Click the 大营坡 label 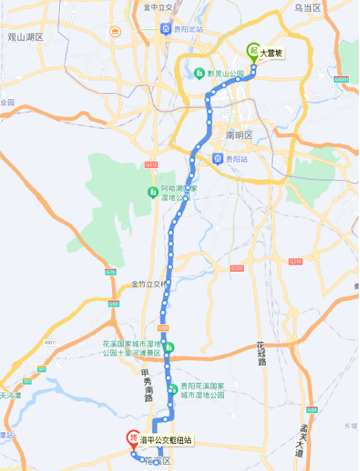coord(272,54)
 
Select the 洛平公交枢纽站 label coord(166,440)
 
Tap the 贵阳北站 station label coord(188,30)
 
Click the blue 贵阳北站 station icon coord(166,30)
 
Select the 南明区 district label coord(239,136)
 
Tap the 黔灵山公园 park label coord(226,74)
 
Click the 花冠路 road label coord(261,354)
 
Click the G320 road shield coord(236,269)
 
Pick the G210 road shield coord(294,261)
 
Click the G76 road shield coord(110,272)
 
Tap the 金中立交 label coord(158,8)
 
